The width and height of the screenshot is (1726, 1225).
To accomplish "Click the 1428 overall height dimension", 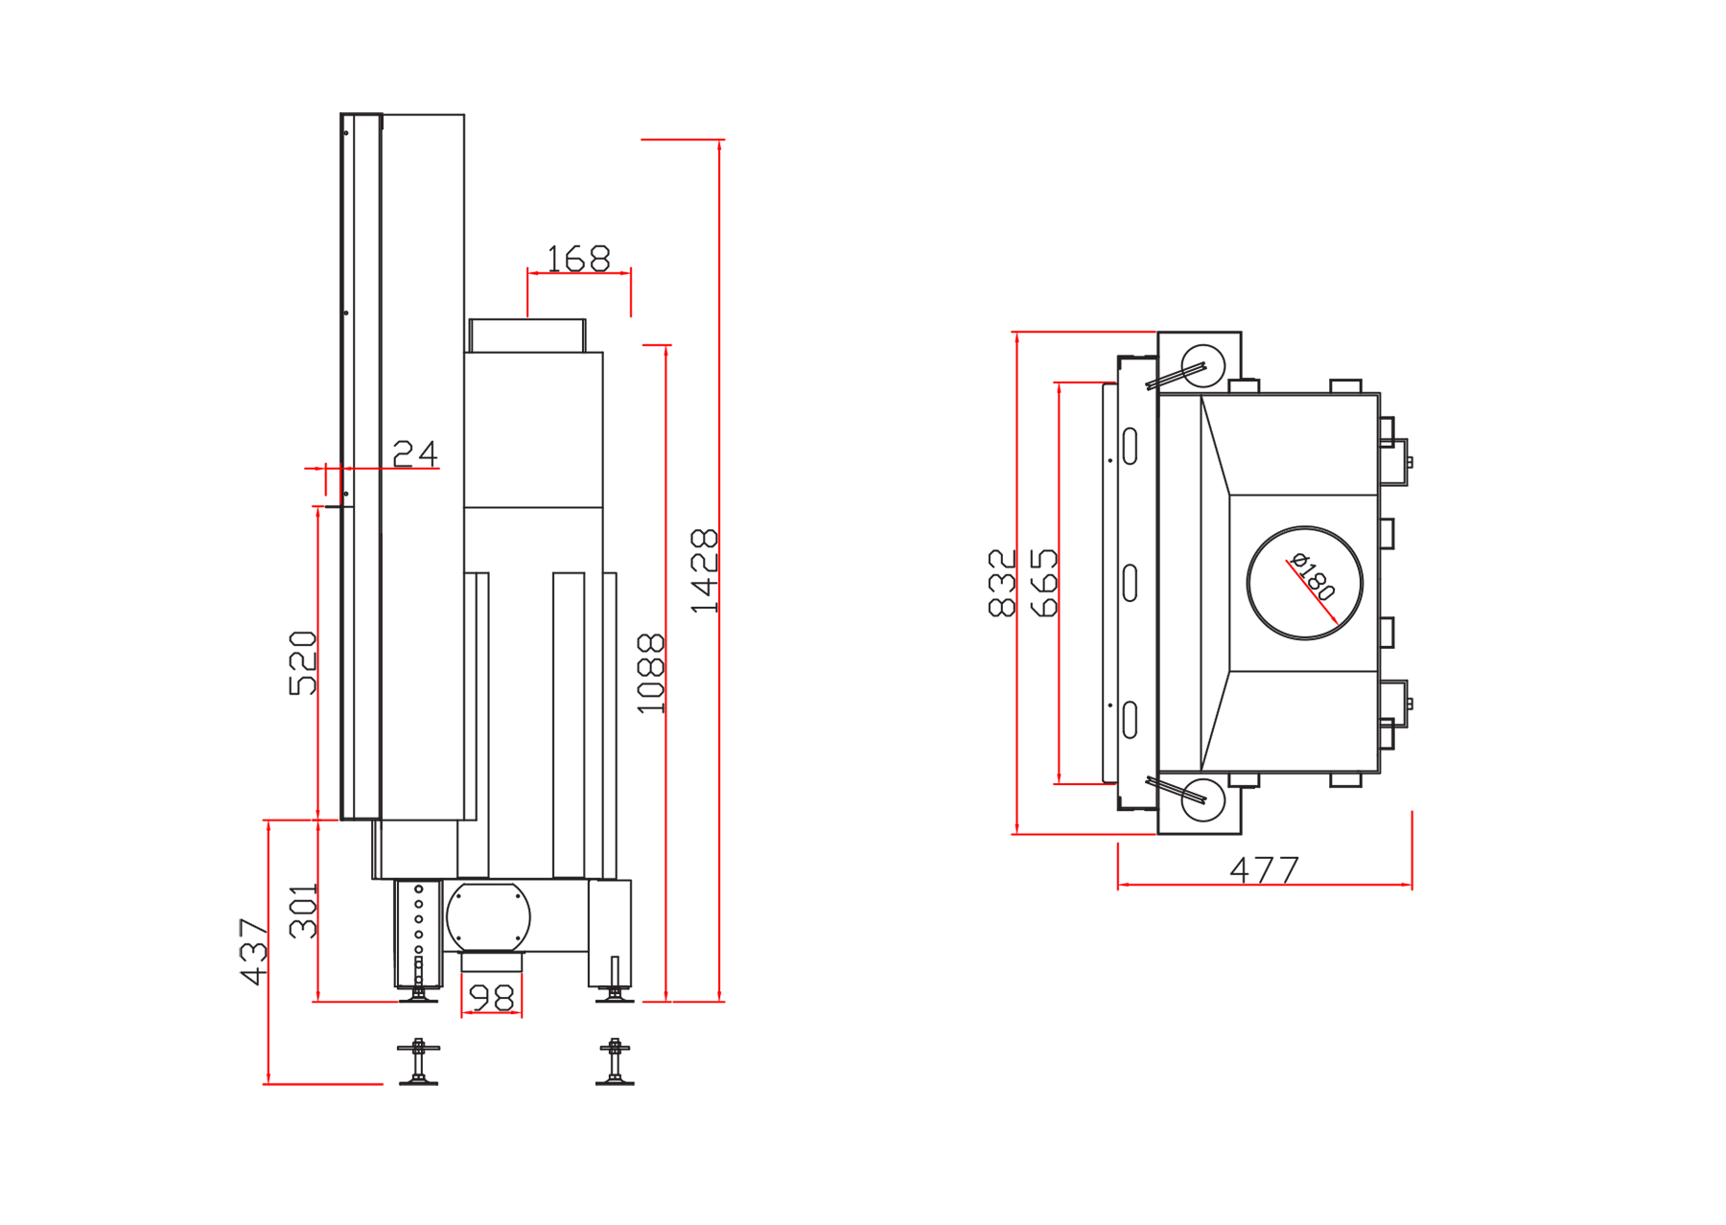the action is [704, 570].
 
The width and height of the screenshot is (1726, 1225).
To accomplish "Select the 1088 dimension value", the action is [651, 673].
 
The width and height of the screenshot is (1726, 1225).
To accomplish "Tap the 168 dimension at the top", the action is [578, 258].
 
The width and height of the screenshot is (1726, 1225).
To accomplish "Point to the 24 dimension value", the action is [415, 452].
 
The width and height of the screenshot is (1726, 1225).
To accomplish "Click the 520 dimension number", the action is [302, 662].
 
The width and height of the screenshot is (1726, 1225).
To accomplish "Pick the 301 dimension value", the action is [303, 911].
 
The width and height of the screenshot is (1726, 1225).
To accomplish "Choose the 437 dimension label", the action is [253, 952].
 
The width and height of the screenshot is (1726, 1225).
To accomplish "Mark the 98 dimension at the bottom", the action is [492, 998].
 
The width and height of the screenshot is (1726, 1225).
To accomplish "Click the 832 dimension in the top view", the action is [1002, 583].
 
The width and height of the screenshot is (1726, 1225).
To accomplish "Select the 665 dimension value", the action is [1043, 583].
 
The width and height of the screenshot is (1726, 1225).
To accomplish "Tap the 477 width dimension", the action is [1265, 869].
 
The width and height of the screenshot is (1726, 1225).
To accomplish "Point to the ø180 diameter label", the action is [1313, 575].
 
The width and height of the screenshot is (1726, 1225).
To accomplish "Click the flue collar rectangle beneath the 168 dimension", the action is [527, 335].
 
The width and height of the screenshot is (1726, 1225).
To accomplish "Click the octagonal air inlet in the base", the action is [489, 917].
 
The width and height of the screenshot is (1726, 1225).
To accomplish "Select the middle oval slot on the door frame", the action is [1130, 583].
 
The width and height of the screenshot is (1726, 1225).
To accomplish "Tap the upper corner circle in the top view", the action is [1203, 366].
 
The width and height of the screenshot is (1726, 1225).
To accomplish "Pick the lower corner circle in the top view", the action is [1203, 800].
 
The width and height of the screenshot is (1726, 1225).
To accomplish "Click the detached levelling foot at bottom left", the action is [418, 1062].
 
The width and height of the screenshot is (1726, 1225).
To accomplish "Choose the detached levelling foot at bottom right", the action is [615, 1062].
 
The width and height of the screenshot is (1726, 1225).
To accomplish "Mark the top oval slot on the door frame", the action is [1130, 446].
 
